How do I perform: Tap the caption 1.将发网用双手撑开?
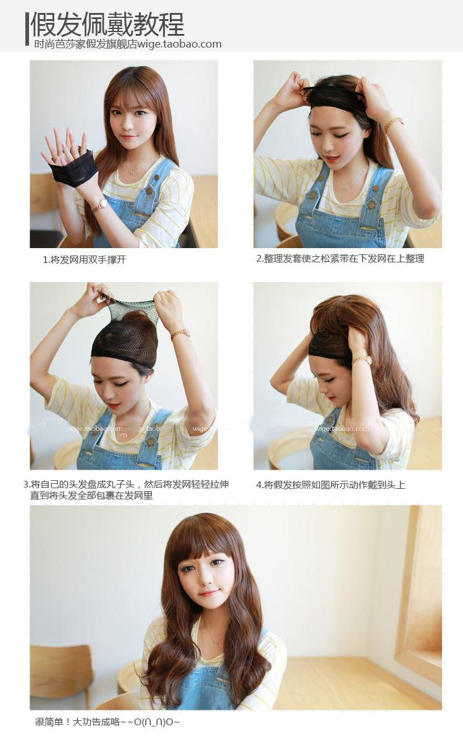tap(84, 260)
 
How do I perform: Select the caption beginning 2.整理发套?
tap(340, 259)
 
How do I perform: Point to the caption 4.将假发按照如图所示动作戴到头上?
tap(330, 485)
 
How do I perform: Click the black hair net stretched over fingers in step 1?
tap(73, 169)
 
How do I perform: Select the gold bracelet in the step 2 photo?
tap(393, 124)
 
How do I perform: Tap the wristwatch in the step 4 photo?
tap(362, 359)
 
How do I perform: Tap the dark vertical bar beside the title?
tap(27, 28)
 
